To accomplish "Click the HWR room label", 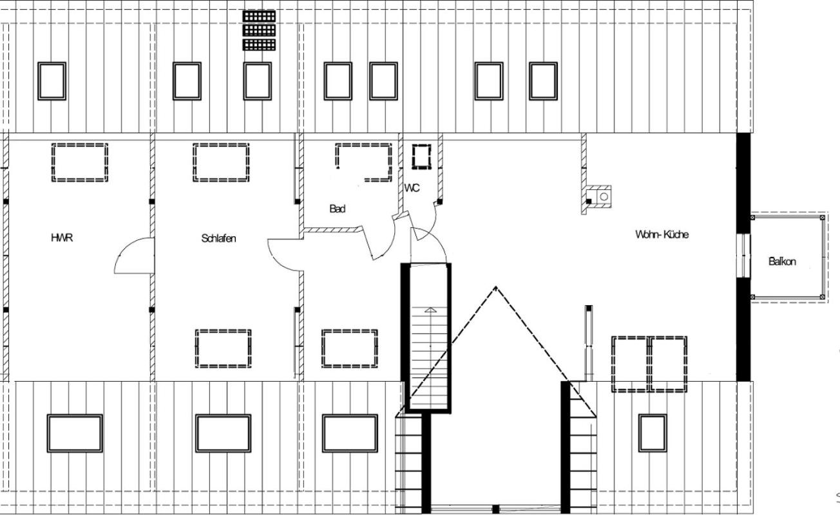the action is (62, 238).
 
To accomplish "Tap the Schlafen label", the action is (218, 238).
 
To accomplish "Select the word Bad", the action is (338, 209).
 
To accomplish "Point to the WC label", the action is (412, 188).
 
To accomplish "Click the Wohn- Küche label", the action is (662, 234).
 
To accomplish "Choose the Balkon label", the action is (782, 261).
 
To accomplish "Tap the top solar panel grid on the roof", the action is (259, 16).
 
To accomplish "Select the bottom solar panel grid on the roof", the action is (259, 44).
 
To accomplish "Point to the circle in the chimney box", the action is (604, 196).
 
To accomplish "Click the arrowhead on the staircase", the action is (430, 310).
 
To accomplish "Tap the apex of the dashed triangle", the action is (496, 288).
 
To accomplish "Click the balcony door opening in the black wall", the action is (743, 256).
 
